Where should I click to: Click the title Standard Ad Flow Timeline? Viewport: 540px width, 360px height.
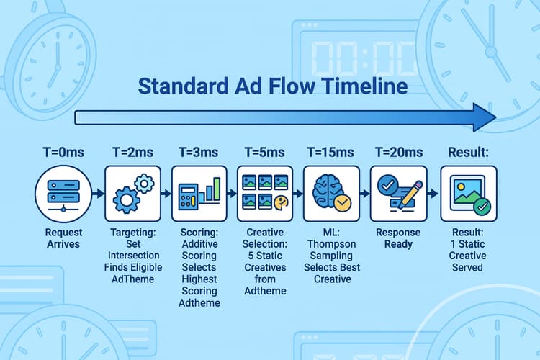click(x=272, y=86)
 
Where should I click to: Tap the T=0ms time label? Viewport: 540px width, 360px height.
click(x=63, y=153)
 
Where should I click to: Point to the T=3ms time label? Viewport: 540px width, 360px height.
click(x=199, y=153)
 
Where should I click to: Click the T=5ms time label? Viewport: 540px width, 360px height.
click(x=265, y=153)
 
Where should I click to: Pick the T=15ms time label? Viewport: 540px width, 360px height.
click(x=330, y=153)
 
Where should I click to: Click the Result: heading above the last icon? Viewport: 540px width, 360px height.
click(x=469, y=153)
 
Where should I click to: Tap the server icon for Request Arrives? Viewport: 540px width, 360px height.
click(x=63, y=192)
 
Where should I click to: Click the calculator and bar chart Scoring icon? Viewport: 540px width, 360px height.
click(x=199, y=192)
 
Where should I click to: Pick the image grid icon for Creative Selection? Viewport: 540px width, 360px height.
click(x=265, y=192)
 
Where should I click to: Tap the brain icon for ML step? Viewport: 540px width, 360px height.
click(x=330, y=192)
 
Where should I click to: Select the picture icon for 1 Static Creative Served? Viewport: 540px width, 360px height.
click(x=469, y=193)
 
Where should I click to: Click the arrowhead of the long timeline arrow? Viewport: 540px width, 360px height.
click(x=482, y=117)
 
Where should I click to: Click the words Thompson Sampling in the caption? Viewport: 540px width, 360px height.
click(x=330, y=260)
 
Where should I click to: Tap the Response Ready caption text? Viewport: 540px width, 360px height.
click(x=398, y=239)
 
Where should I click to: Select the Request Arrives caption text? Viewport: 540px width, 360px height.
click(x=63, y=239)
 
